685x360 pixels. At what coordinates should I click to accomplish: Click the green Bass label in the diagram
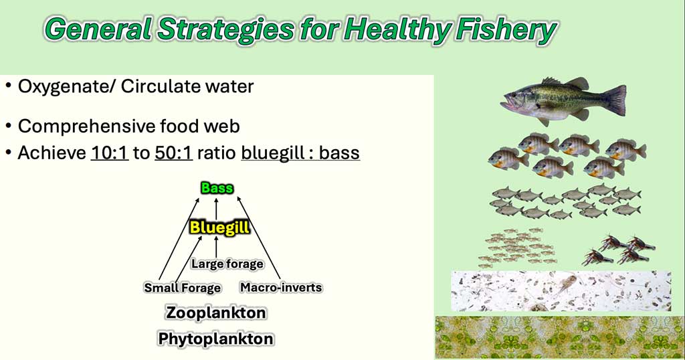coord(217,188)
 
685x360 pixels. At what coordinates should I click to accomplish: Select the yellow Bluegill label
coord(219,228)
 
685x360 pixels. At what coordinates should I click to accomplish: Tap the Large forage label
coord(227,264)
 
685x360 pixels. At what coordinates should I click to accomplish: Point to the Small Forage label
coord(183,288)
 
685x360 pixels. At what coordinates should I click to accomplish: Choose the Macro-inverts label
coord(282,288)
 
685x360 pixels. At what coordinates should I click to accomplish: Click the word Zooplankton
coord(216,312)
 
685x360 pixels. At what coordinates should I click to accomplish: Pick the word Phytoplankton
coord(216,339)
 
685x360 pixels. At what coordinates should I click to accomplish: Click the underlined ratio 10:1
coord(110,153)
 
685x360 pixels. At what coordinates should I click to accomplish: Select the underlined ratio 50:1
coord(173,153)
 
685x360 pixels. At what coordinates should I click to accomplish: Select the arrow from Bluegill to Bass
coord(216,208)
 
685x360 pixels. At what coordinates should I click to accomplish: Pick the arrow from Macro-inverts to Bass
coord(259,238)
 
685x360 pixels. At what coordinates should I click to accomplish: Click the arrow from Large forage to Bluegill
coord(216,247)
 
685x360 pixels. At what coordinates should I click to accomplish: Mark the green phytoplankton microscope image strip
coord(560,337)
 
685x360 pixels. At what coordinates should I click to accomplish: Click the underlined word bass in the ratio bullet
coord(339,153)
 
